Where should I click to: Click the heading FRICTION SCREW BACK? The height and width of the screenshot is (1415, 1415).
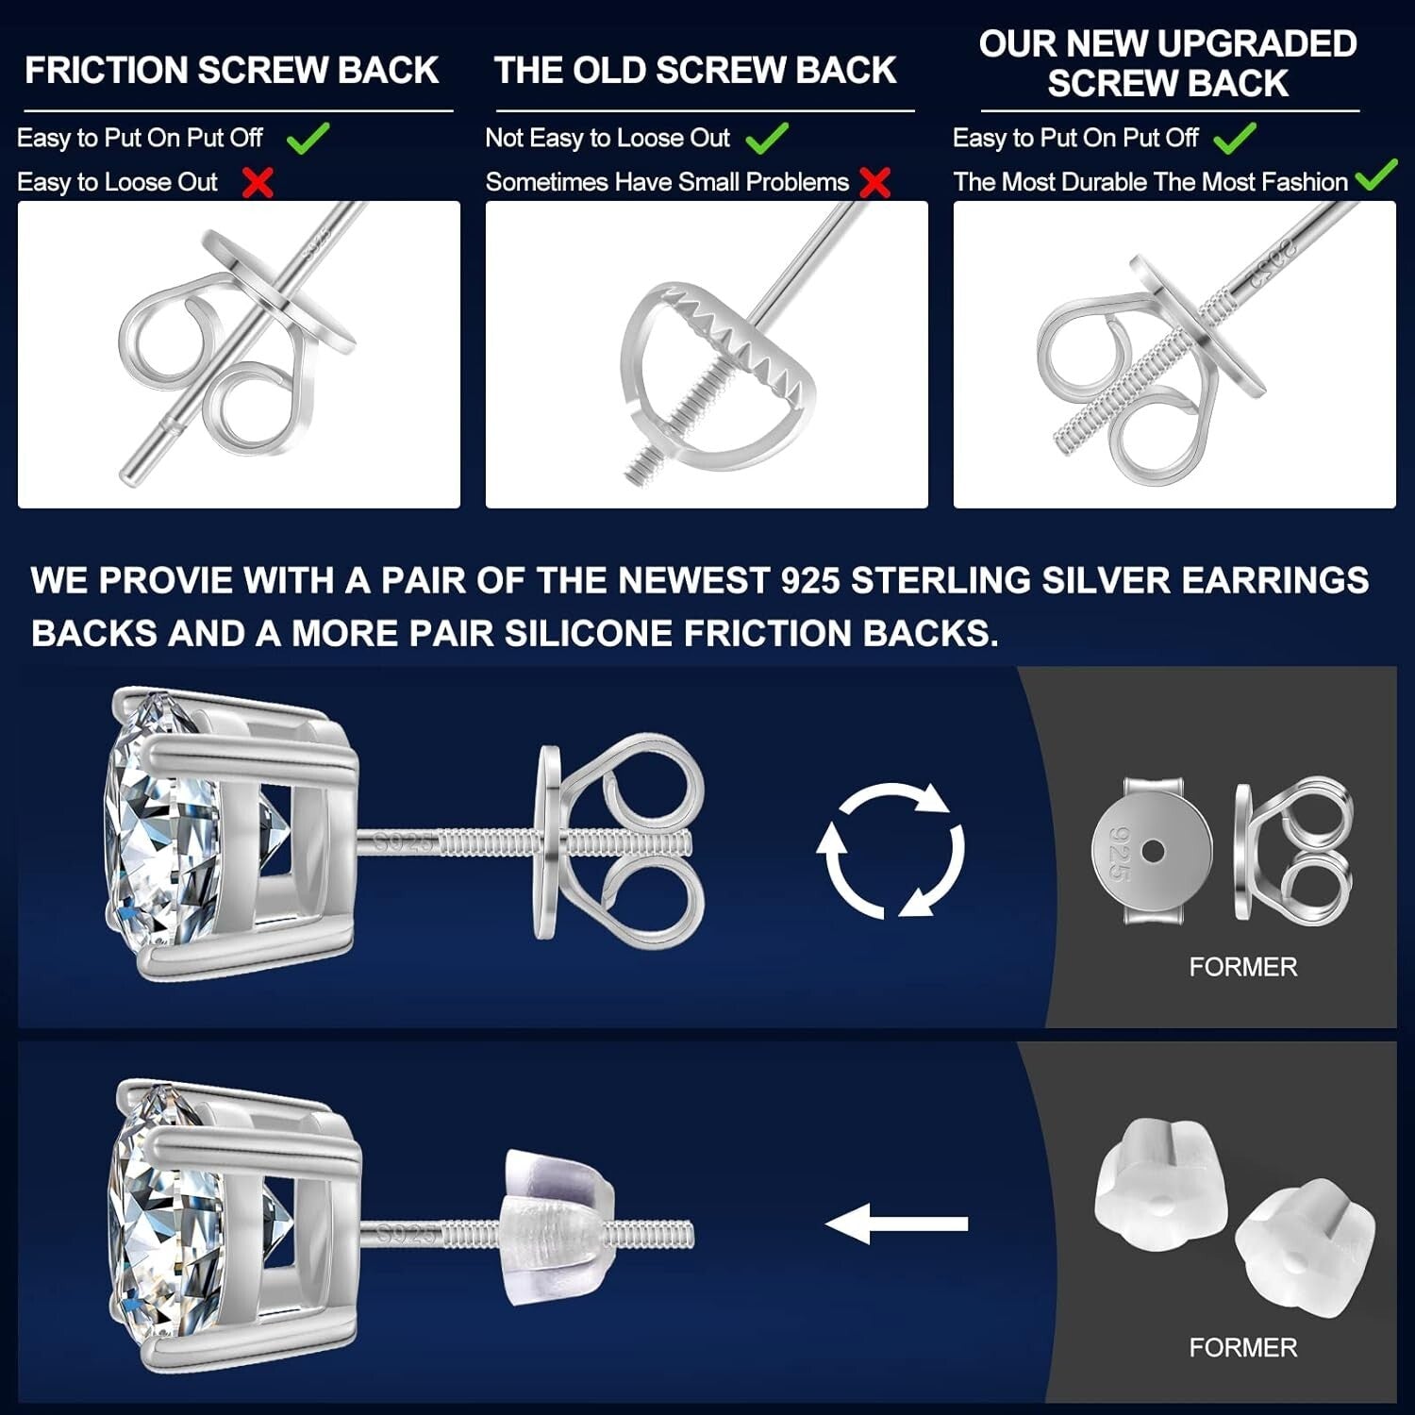coord(231,71)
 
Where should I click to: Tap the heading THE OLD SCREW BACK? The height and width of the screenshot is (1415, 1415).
coord(694,71)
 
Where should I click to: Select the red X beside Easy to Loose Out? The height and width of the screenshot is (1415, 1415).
coord(258,182)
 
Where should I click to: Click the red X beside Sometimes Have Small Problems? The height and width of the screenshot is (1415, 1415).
coord(875,182)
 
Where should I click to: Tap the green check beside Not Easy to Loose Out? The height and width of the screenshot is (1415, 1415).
coord(767,139)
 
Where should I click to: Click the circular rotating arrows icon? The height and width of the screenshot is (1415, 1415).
coord(891,849)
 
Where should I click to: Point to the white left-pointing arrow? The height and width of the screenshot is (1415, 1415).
coord(896,1224)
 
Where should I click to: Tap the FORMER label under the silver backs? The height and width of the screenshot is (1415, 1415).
coord(1242,967)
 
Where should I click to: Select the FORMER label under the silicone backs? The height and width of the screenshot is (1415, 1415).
coord(1242,1347)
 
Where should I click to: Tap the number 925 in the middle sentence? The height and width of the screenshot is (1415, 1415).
coord(809,580)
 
